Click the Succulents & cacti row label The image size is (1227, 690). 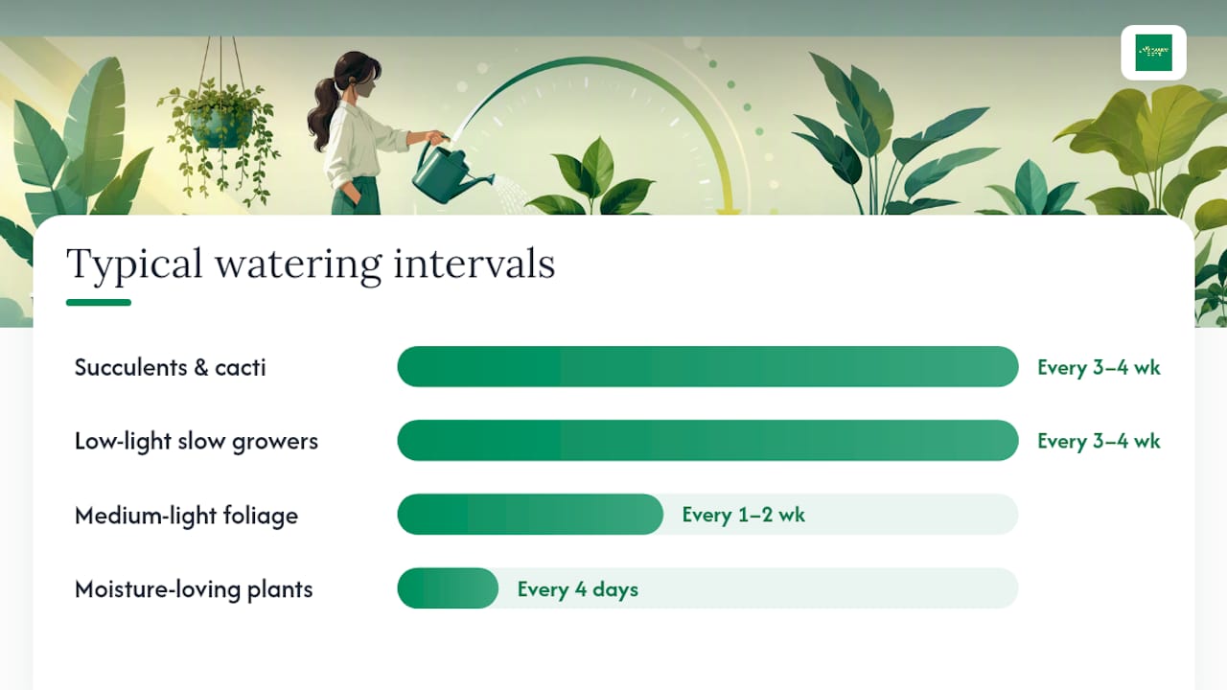tap(171, 367)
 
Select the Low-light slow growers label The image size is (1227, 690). tap(197, 442)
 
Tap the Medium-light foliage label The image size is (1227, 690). tap(186, 516)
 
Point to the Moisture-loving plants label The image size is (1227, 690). tap(194, 589)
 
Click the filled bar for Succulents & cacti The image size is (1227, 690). tap(707, 366)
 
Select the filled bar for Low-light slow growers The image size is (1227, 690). tap(707, 440)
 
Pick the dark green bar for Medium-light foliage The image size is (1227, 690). tap(530, 515)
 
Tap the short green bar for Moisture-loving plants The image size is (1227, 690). tap(448, 588)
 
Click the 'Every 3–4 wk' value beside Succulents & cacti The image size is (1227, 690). tap(1099, 367)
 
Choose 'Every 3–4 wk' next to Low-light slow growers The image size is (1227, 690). tap(1099, 441)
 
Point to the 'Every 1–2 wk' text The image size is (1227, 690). tap(743, 515)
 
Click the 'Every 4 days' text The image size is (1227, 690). tap(578, 589)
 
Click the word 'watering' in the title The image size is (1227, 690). tap(298, 265)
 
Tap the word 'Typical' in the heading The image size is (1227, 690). tap(135, 265)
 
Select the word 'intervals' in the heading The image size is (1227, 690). tap(475, 264)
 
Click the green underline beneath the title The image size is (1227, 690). tap(99, 302)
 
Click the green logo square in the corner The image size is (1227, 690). tap(1153, 53)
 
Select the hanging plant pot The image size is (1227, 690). tap(221, 129)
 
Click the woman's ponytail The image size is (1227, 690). tap(324, 114)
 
